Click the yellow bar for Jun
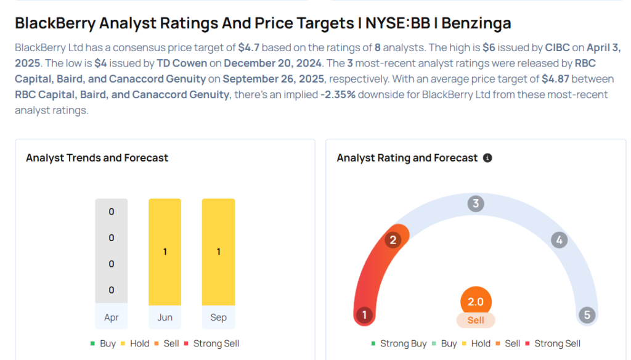(x=165, y=252)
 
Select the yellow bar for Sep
(x=218, y=252)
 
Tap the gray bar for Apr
(x=112, y=251)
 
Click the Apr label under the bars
(x=112, y=317)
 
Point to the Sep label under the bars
(x=218, y=317)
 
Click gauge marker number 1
(x=364, y=316)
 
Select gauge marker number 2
(x=393, y=240)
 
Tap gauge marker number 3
(x=475, y=203)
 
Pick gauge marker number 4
(x=559, y=240)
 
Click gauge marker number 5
(x=587, y=316)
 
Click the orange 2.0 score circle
(x=476, y=302)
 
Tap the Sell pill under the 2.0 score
(x=476, y=320)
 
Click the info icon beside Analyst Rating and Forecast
(x=487, y=158)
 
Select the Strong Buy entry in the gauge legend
(x=399, y=343)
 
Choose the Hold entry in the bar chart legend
(x=135, y=343)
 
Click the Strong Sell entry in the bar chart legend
(x=212, y=343)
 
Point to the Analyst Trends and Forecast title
(x=97, y=158)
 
